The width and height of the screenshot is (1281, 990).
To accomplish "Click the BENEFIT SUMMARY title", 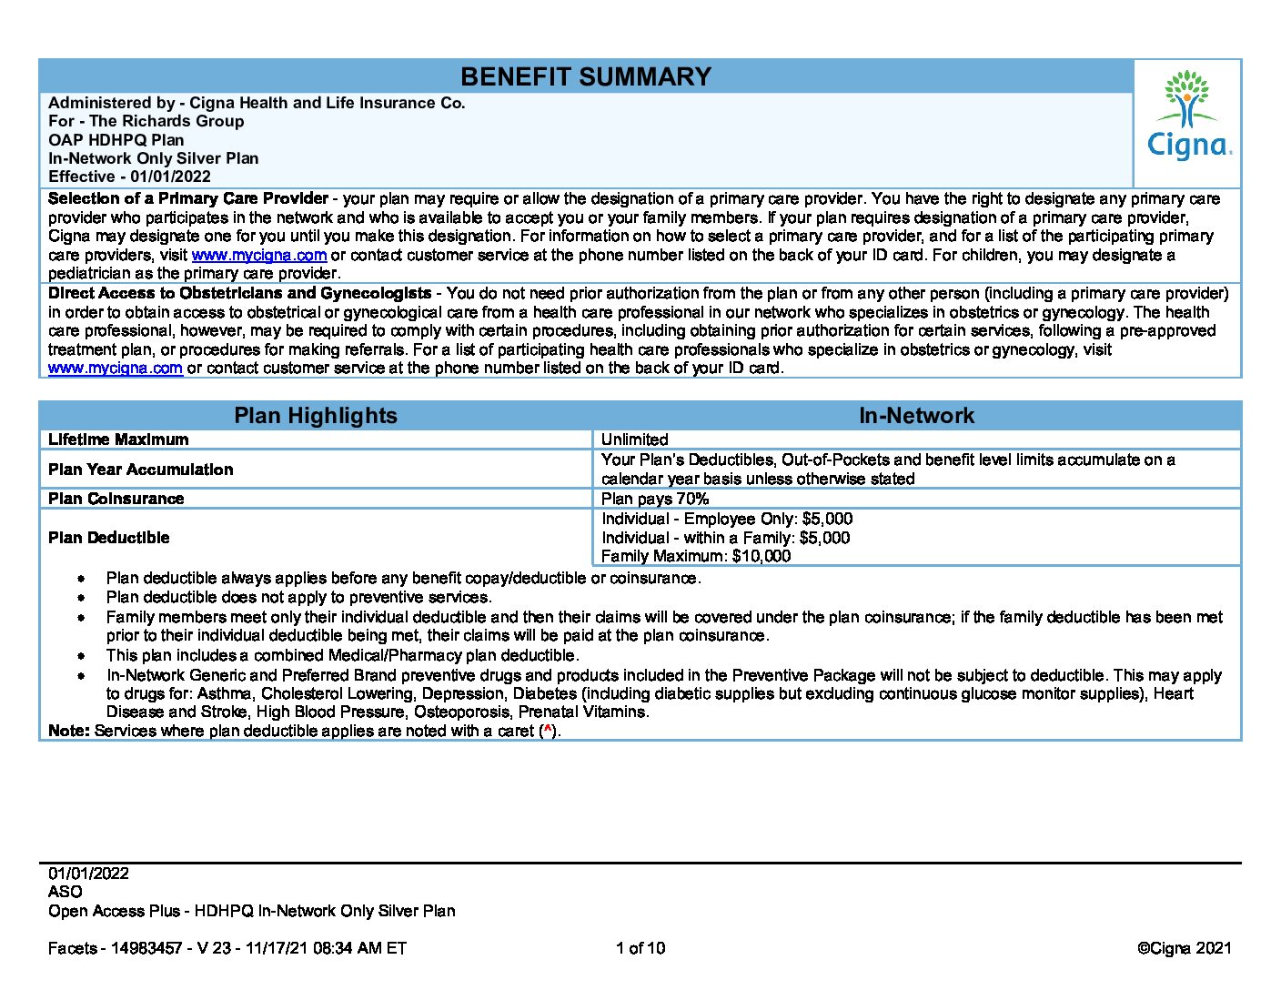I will (585, 76).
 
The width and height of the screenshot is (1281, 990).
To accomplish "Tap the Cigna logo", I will (1188, 116).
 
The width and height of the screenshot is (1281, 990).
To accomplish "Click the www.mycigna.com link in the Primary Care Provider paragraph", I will (258, 256).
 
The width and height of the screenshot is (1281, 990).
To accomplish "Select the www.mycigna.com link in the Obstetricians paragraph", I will (116, 369).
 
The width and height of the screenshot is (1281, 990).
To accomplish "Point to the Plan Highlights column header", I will (316, 416).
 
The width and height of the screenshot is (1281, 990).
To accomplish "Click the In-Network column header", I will (916, 416).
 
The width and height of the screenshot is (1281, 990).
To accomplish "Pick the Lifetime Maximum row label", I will (118, 439).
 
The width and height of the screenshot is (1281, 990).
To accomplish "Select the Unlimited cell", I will (634, 439).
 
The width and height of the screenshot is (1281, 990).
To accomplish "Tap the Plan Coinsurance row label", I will (116, 499).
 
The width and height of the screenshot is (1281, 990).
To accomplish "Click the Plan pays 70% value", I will (654, 499).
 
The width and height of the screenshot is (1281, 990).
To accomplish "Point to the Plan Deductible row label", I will (108, 538).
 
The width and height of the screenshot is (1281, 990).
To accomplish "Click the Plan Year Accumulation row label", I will (140, 470).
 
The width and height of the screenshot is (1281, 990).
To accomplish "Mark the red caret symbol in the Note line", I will (547, 730).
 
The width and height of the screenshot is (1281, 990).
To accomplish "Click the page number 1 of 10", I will (640, 948).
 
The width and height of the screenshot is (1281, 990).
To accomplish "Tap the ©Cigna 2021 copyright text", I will (1184, 948).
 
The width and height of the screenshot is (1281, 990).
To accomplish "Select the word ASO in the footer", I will (65, 892).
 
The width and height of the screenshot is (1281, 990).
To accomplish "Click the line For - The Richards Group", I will (146, 121).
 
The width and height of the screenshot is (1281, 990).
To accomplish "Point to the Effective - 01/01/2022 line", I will (129, 177).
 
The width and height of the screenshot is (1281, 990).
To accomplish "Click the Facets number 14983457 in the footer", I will (146, 948).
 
